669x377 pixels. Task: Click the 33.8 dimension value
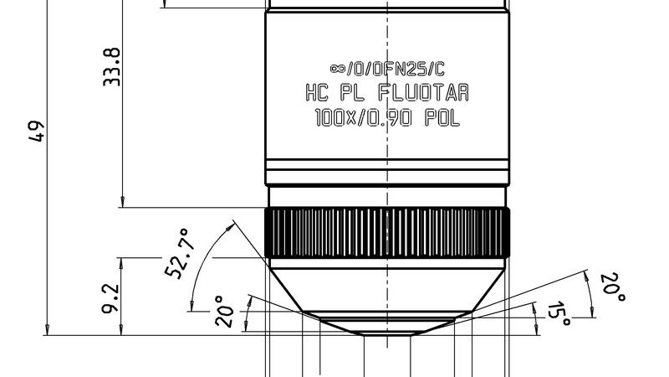click(112, 67)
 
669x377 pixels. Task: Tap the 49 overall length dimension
click(37, 132)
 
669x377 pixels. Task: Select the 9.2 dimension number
click(110, 299)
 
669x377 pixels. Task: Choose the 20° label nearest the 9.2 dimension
click(225, 311)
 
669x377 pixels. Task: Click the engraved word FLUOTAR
click(424, 92)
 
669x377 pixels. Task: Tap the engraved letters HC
click(317, 92)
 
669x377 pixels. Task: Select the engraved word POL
click(442, 117)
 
